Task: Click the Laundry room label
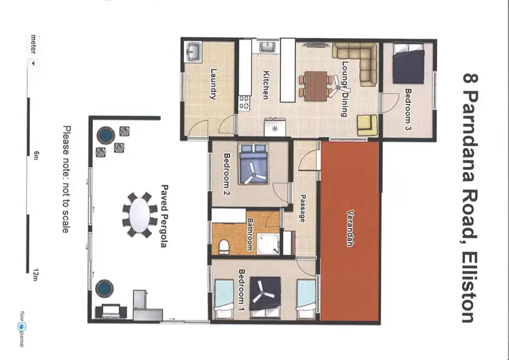[213, 85]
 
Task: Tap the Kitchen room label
[265, 85]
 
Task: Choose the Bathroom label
[250, 234]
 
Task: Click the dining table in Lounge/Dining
[314, 85]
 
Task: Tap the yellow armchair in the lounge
[367, 123]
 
